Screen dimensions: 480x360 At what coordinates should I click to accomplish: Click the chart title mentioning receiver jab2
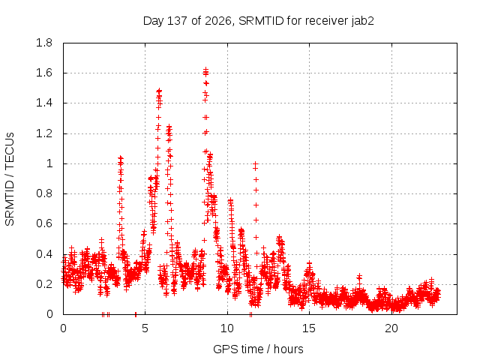pos(258,21)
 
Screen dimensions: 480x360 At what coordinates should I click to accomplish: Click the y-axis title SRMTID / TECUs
pos(10,179)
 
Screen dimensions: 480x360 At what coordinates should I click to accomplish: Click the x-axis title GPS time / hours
pos(258,349)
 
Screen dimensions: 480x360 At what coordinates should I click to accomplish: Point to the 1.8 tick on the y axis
pos(44,43)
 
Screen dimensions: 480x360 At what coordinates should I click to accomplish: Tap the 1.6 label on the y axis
pos(44,73)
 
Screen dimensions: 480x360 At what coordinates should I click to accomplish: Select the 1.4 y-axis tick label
pos(44,103)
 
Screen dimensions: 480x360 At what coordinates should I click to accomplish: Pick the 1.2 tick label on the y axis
pos(44,133)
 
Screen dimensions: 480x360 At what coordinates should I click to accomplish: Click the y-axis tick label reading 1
pos(49,163)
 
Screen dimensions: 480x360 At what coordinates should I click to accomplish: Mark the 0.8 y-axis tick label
pos(44,193)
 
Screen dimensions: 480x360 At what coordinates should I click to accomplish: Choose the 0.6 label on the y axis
pos(44,223)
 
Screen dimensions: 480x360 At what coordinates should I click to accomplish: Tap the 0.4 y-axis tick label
pos(44,254)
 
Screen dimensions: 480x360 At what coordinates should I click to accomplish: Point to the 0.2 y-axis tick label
pos(44,284)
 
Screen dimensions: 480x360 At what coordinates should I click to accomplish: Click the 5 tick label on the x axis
pos(145,328)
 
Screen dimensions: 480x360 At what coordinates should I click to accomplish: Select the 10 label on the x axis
pos(227,328)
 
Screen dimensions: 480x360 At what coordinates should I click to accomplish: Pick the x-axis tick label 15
pos(309,328)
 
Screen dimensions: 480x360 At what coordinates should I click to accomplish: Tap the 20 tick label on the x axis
pos(391,328)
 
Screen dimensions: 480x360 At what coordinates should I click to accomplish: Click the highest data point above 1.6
pos(205,70)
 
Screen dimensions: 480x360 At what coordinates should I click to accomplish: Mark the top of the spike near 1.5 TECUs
pos(159,91)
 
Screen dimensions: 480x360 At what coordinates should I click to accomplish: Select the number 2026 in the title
pos(218,21)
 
